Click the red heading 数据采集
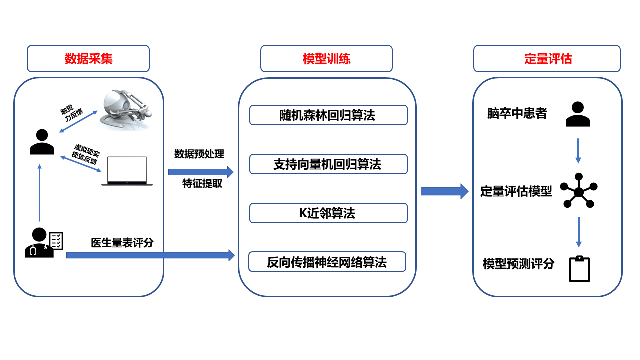88,59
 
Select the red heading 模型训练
326,59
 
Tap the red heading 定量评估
547,59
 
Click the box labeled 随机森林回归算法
328,115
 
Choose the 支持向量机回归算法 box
328,164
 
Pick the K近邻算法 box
328,213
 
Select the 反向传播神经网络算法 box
327,262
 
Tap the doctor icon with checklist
44,243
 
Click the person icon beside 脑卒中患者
578,114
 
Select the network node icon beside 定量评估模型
578,191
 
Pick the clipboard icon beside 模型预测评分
579,269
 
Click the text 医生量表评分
122,243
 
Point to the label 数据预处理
199,154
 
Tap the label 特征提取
202,184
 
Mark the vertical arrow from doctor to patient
40,192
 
